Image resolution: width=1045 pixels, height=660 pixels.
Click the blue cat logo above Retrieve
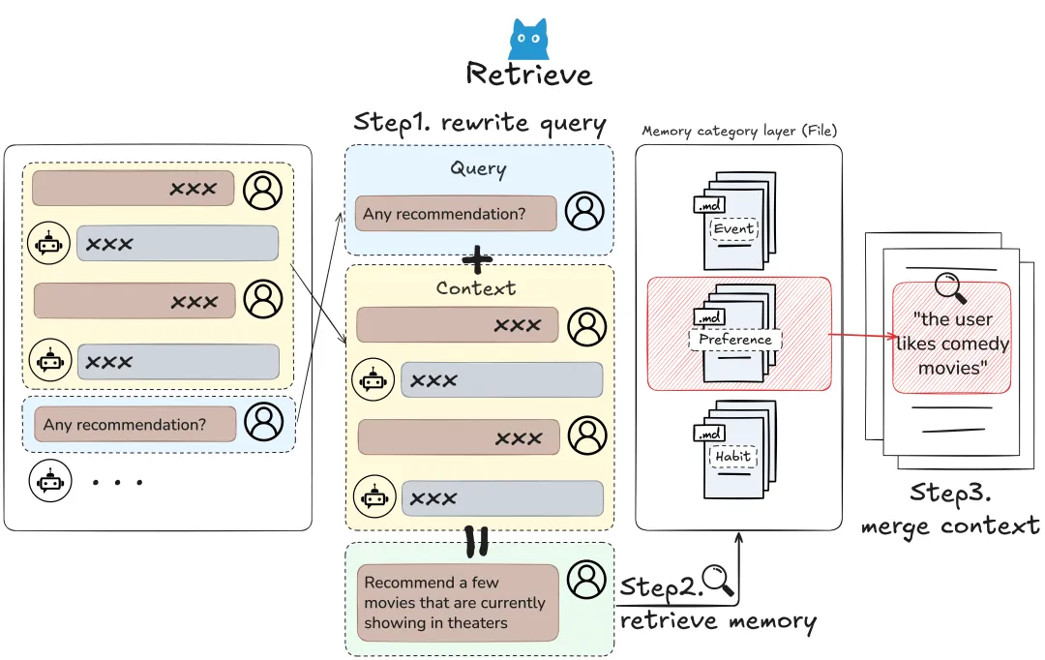tap(528, 40)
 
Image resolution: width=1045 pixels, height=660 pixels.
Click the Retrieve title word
tap(528, 75)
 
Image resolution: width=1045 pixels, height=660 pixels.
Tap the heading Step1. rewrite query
tap(479, 123)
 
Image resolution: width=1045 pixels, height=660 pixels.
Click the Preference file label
tap(735, 340)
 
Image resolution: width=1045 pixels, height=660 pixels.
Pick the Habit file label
tap(732, 457)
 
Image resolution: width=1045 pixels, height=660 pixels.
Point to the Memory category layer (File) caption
tap(739, 131)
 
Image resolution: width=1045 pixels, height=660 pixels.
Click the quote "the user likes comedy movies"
tap(951, 343)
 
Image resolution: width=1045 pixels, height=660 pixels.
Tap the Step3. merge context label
tap(949, 509)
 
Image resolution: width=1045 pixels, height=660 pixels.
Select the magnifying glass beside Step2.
tap(719, 580)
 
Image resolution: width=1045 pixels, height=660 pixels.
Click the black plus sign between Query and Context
tap(478, 259)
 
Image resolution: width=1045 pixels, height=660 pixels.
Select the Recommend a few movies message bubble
tap(458, 602)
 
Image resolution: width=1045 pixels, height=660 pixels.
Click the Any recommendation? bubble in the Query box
tap(456, 214)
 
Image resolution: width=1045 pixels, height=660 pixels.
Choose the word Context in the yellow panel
tap(476, 288)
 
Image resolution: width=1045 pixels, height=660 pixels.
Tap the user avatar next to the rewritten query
tap(586, 579)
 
